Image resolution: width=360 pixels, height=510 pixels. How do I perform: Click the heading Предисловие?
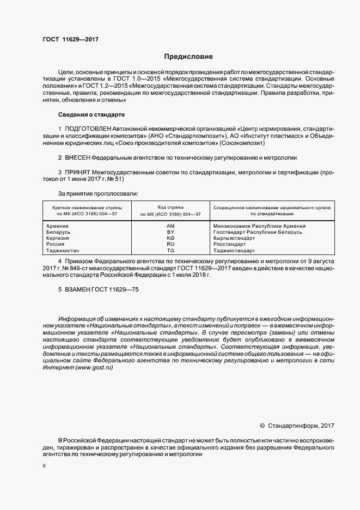pyautogui.click(x=188, y=57)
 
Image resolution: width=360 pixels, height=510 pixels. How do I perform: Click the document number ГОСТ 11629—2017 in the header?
pyautogui.click(x=70, y=39)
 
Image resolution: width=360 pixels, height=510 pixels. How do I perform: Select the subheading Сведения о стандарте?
pyautogui.click(x=91, y=115)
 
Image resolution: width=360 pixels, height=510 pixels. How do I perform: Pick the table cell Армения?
pyautogui.click(x=57, y=226)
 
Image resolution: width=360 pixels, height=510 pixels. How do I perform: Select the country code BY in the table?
pyautogui.click(x=170, y=232)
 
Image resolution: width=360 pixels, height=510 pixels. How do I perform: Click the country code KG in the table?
pyautogui.click(x=170, y=238)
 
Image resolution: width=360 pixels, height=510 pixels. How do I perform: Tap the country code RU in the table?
pyautogui.click(x=170, y=244)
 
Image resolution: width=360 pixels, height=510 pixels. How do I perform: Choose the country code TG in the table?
pyautogui.click(x=170, y=251)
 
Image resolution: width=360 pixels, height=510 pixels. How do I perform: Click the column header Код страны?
pyautogui.click(x=170, y=208)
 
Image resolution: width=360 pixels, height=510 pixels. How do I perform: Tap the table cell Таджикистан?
pyautogui.click(x=63, y=251)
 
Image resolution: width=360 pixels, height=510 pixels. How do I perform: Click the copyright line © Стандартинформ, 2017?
pyautogui.click(x=297, y=425)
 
